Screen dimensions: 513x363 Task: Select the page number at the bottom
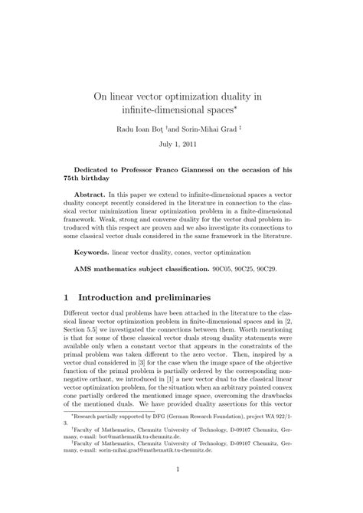coord(181,490)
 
